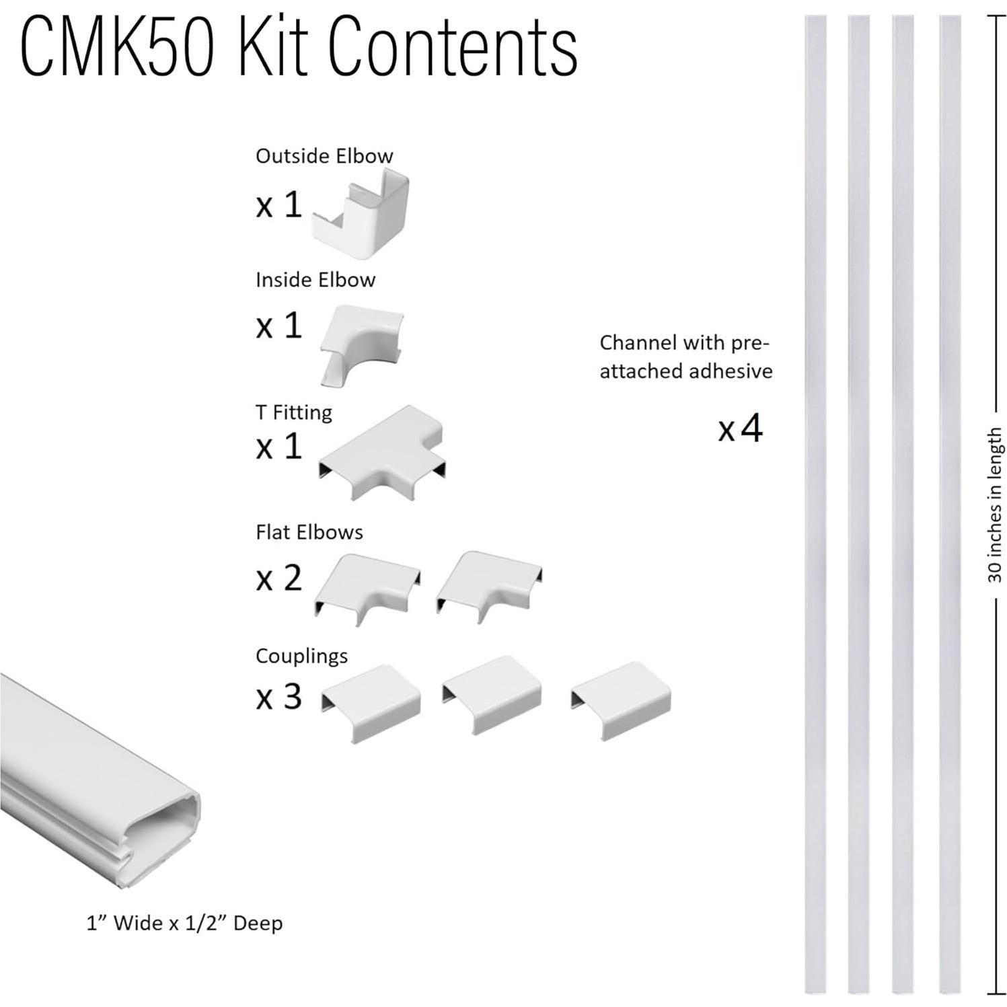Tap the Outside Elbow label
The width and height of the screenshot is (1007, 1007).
pyautogui.click(x=324, y=156)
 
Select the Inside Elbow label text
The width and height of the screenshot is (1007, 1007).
pyautogui.click(x=315, y=280)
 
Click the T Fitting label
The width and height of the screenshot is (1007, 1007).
pyautogui.click(x=293, y=412)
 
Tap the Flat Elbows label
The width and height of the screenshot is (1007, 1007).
pyautogui.click(x=309, y=532)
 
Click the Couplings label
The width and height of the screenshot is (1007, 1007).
pyautogui.click(x=301, y=656)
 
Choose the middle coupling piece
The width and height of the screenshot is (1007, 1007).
pyautogui.click(x=492, y=694)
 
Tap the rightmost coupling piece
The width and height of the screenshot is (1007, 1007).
pyautogui.click(x=620, y=700)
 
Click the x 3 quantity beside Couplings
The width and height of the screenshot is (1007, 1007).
pyautogui.click(x=278, y=697)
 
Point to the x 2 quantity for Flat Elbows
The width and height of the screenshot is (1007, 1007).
pyautogui.click(x=278, y=578)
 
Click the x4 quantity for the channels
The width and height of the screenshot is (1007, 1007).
pyautogui.click(x=740, y=428)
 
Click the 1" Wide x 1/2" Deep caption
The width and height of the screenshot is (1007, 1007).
pyautogui.click(x=184, y=923)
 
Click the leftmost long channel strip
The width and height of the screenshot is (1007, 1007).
pyautogui.click(x=815, y=505)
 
